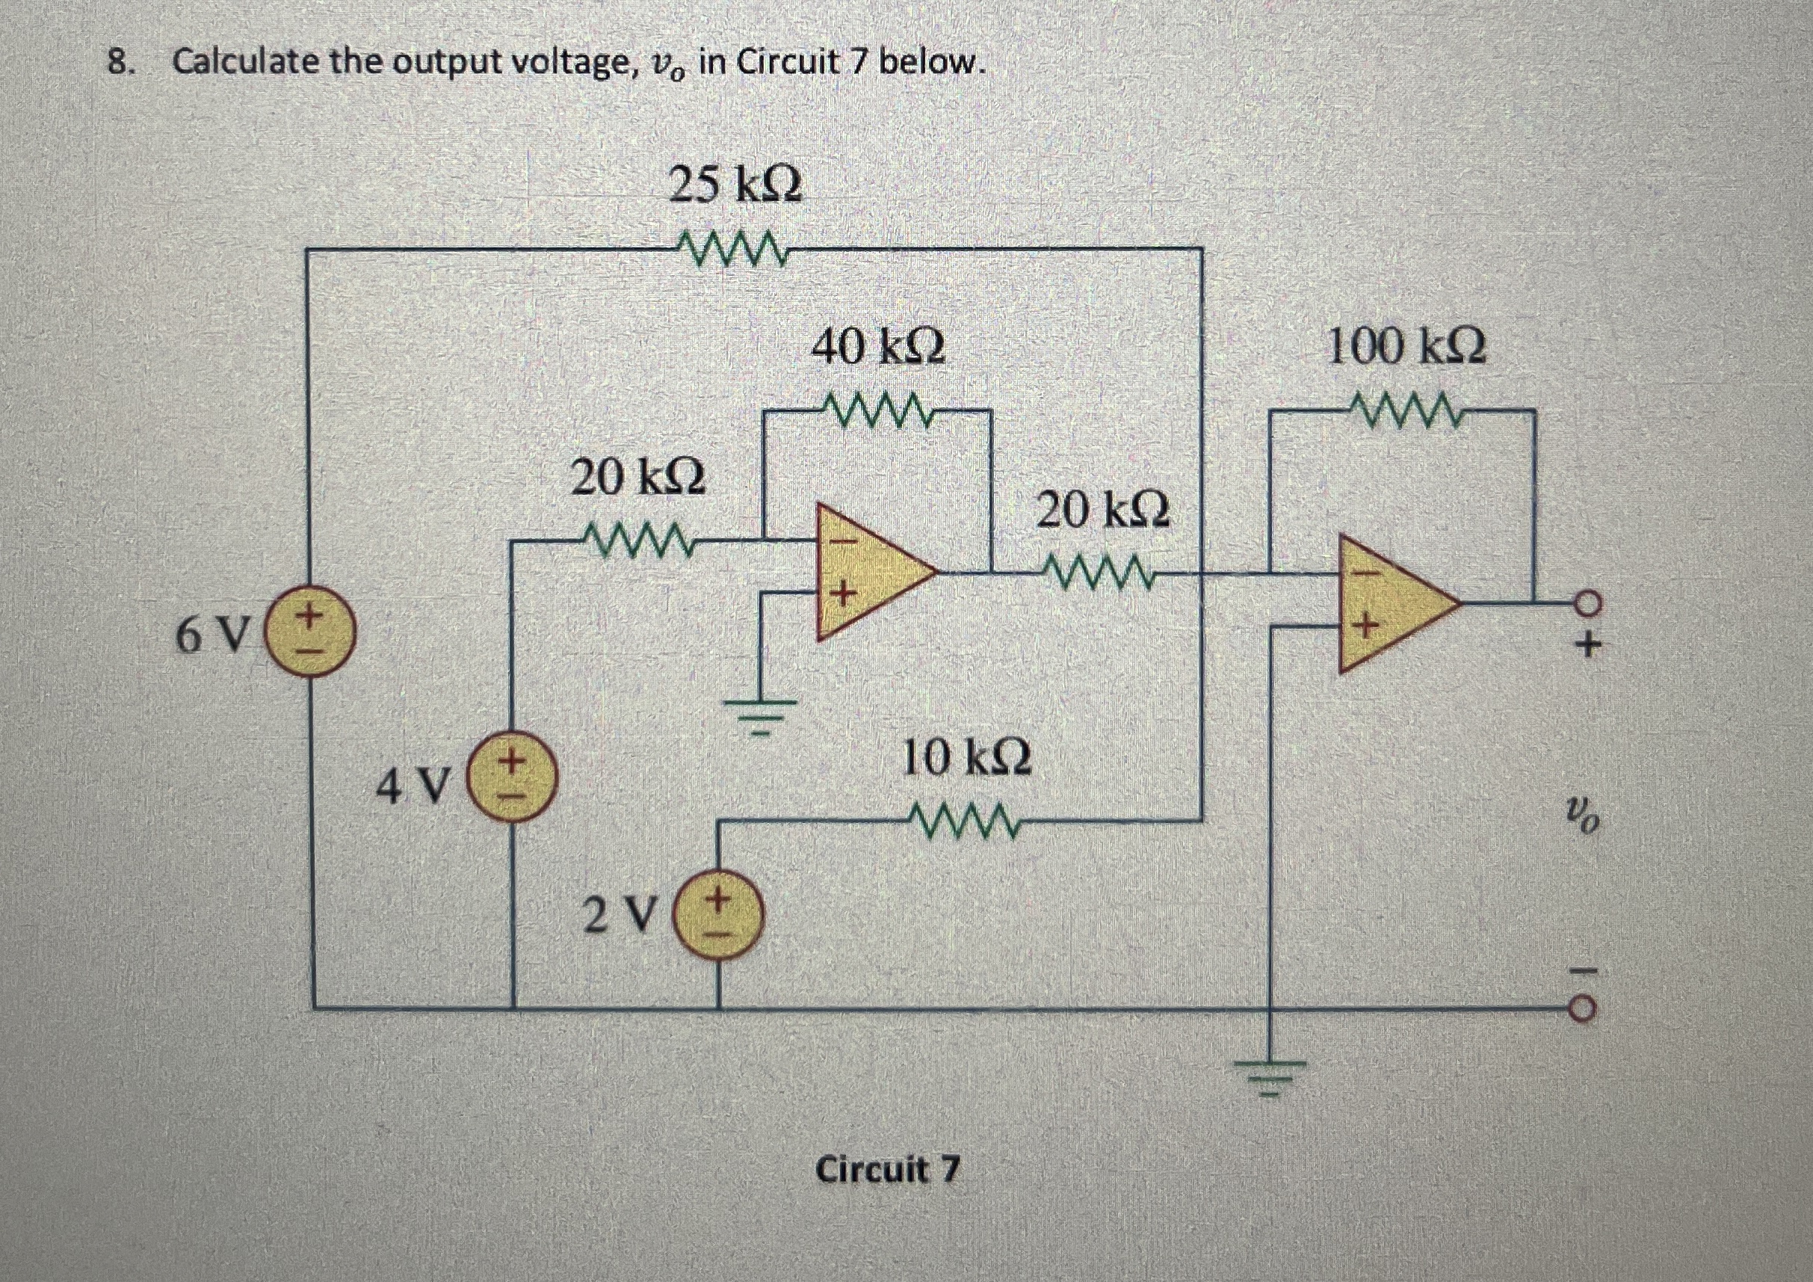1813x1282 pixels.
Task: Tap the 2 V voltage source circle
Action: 717,918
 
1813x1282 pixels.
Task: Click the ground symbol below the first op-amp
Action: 759,713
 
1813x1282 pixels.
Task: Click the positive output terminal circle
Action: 1589,603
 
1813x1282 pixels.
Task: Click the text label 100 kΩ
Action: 1406,348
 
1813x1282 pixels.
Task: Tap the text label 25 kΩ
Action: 735,185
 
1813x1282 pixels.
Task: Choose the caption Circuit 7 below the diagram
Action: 887,1169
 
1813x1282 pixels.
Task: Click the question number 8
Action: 118,62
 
